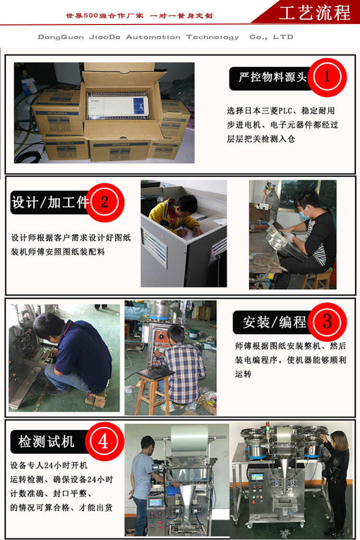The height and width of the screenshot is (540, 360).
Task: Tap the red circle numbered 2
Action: pos(105,203)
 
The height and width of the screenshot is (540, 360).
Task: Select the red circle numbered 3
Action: pos(327,322)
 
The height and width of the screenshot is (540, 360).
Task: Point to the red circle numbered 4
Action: pos(104,442)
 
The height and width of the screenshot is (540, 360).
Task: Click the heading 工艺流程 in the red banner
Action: pos(314,13)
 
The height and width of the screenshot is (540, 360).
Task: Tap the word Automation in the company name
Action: pos(153,37)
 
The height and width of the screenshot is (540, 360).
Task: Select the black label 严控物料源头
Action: pos(272,77)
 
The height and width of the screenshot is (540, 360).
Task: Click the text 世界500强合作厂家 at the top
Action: pos(105,15)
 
